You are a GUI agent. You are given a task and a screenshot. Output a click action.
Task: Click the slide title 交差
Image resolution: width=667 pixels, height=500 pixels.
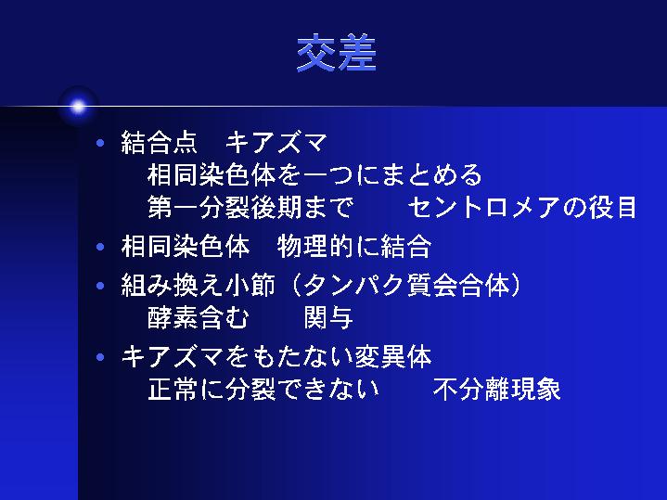pos(337,53)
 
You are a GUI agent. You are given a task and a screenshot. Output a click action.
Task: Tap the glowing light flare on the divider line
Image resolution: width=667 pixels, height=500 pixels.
pos(78,107)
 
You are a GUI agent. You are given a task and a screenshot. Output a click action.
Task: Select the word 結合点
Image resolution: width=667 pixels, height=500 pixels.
pos(160,142)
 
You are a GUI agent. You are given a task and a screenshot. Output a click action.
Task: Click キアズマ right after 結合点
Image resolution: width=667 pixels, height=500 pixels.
pos(276,142)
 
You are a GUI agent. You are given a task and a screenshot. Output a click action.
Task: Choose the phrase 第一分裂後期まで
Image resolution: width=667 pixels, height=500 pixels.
pos(250,207)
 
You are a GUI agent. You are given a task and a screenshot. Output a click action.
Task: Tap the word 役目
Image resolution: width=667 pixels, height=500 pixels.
pos(613,207)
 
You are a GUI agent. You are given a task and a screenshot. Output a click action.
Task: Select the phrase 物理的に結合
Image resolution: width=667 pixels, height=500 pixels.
pos(354,247)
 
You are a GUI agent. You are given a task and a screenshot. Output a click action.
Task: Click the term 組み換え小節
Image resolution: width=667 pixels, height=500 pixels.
pos(199,285)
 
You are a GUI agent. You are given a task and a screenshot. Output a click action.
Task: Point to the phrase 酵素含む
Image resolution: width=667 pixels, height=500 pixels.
pos(199,318)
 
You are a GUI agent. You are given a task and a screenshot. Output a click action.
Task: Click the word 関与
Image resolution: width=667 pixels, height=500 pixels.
pos(328,318)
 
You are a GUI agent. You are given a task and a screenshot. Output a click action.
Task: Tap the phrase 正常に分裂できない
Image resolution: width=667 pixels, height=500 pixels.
pos(263,389)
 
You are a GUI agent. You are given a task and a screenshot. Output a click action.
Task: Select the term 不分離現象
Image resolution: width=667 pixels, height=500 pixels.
pos(497,389)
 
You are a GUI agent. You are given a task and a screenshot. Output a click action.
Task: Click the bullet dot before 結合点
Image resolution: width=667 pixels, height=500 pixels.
pos(100,143)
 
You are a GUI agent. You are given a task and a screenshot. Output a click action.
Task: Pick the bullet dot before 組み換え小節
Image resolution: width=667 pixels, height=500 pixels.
pos(100,285)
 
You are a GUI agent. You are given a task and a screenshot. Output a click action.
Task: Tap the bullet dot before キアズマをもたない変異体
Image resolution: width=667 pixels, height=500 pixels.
pos(100,357)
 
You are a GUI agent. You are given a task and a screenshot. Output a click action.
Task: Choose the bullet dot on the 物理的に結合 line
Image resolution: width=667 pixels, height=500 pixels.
pos(100,247)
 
